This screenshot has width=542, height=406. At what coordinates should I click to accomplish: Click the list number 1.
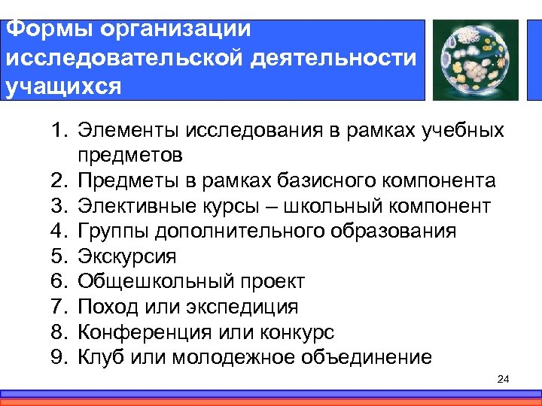(x=60, y=130)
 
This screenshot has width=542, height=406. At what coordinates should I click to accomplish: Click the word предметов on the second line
(x=129, y=156)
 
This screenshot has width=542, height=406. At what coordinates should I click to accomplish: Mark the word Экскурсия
(x=126, y=256)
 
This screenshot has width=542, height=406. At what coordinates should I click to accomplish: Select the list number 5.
(x=60, y=256)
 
